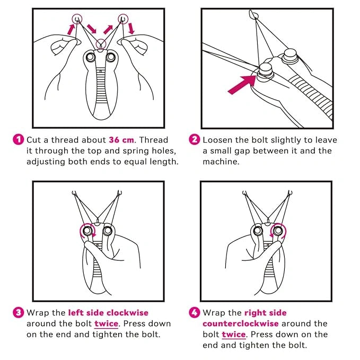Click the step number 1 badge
pos(18,140)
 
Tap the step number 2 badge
pos(195,140)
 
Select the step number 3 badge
pos(18,313)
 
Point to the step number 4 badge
pos(195,313)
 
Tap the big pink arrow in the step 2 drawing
pos(243,84)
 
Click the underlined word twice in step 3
pos(107,323)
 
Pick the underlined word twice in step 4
pos(234,335)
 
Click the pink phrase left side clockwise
pos(108,313)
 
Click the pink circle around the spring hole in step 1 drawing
pos(100,44)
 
